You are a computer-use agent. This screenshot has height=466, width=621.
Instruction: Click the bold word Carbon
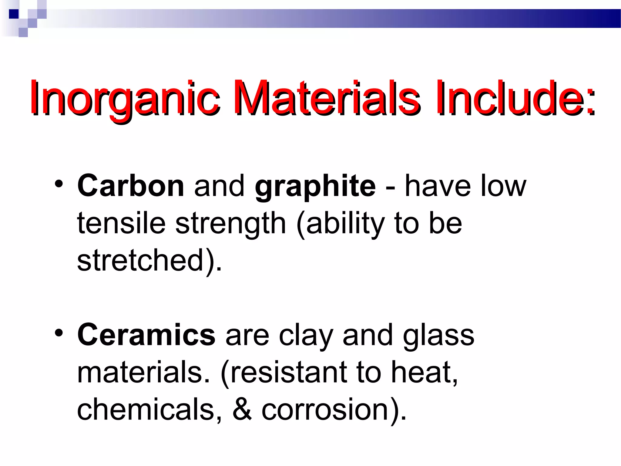click(x=131, y=185)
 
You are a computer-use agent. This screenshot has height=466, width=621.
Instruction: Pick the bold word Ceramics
click(x=146, y=335)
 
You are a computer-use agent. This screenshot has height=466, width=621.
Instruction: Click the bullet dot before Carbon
click(x=59, y=184)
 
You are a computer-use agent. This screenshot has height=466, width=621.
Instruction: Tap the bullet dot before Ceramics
click(x=59, y=333)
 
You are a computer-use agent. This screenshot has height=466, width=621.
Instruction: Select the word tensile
click(x=121, y=223)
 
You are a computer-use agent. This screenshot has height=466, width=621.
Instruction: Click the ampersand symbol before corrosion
click(x=242, y=410)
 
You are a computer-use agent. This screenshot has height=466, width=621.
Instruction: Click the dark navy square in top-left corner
click(x=14, y=14)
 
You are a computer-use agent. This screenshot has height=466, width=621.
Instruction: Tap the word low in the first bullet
click(x=503, y=186)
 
